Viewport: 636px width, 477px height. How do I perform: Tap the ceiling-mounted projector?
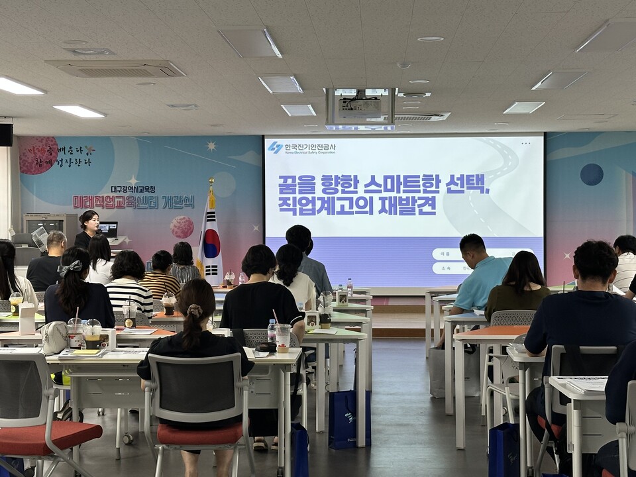(x=360, y=106)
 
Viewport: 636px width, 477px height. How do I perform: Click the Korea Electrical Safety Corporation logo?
(x=275, y=148)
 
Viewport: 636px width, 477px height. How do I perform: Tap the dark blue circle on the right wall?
(x=592, y=174)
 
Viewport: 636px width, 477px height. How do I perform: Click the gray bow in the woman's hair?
(x=70, y=268)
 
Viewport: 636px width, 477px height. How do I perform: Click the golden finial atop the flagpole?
(x=211, y=183)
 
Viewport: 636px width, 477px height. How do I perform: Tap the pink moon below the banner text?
(x=182, y=227)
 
